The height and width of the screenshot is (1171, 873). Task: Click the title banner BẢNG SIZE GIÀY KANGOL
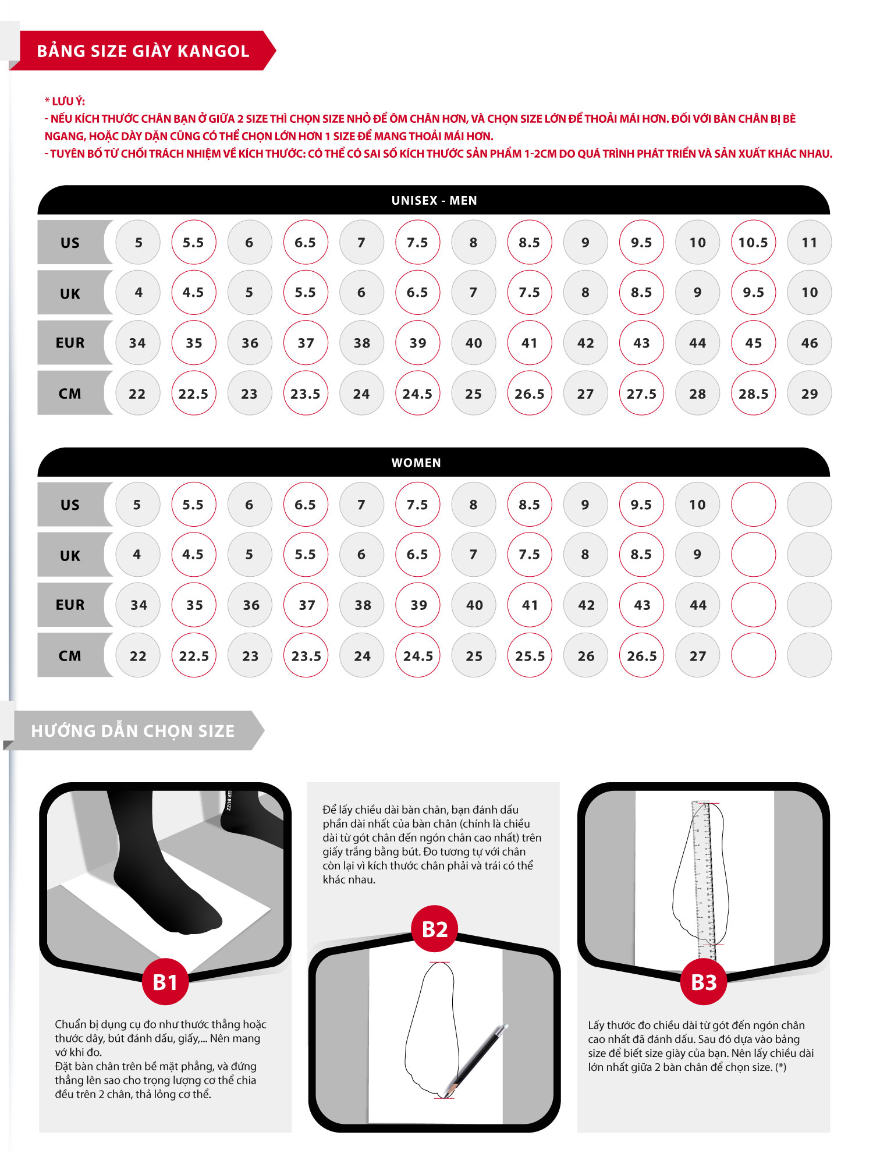(x=143, y=51)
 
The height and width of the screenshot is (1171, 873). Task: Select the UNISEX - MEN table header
(x=434, y=200)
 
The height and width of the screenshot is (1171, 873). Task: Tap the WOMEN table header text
(x=416, y=463)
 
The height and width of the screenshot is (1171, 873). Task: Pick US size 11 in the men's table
(x=809, y=242)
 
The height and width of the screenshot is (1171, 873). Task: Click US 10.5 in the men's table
(x=753, y=242)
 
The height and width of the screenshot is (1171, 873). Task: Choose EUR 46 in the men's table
(x=809, y=343)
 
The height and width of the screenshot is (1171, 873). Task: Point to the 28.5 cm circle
(x=753, y=393)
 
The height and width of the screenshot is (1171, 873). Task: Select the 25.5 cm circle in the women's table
(x=530, y=655)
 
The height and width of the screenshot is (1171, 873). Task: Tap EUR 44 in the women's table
(x=697, y=605)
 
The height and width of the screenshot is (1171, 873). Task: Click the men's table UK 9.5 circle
(x=753, y=292)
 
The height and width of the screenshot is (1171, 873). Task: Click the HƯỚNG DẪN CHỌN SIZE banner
(x=133, y=730)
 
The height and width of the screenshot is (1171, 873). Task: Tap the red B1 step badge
(x=165, y=982)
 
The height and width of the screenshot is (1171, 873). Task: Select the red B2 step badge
(x=434, y=929)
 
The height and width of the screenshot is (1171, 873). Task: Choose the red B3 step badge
(x=704, y=982)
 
